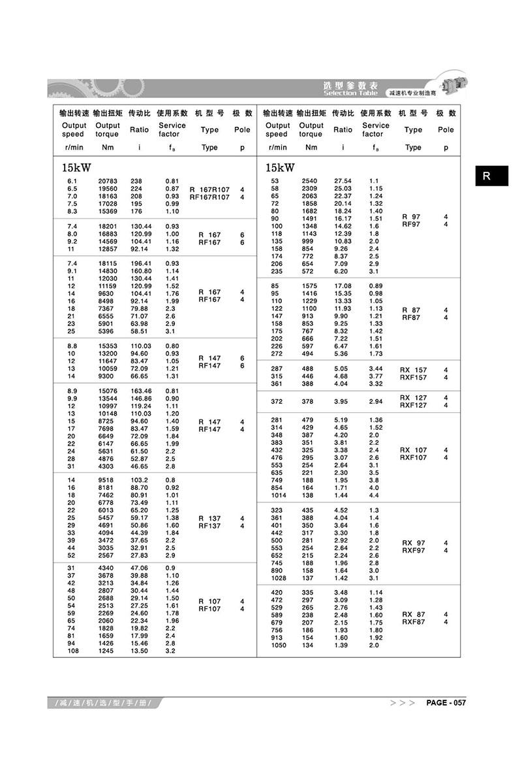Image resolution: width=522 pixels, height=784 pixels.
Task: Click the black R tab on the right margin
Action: pos(491,176)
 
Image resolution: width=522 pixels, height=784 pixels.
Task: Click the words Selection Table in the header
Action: pos(350,93)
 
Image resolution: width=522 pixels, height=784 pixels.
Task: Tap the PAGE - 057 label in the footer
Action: pos(446,702)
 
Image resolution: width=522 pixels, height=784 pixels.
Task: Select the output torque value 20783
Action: pos(108,180)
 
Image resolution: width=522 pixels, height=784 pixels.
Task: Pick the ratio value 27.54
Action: pos(343,180)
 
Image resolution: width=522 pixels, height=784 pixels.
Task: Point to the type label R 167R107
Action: pos(209,189)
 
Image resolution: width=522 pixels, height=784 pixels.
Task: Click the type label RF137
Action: pos(209,525)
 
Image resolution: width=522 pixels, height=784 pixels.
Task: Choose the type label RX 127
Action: pos(413,397)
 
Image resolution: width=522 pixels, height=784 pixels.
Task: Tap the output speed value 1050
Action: pos(279,645)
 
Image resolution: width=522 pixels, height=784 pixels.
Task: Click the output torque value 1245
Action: pos(108,651)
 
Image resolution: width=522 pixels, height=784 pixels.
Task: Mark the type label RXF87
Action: pos(413,622)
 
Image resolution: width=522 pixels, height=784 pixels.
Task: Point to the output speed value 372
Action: pos(277,401)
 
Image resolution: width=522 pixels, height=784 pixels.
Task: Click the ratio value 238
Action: pos(136,180)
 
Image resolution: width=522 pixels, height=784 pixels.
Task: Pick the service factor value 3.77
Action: pos(376,376)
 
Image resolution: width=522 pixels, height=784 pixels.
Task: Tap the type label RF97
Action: pos(411,225)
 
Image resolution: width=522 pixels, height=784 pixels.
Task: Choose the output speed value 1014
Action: pos(279,495)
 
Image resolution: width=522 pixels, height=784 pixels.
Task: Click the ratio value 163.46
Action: pos(140,391)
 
